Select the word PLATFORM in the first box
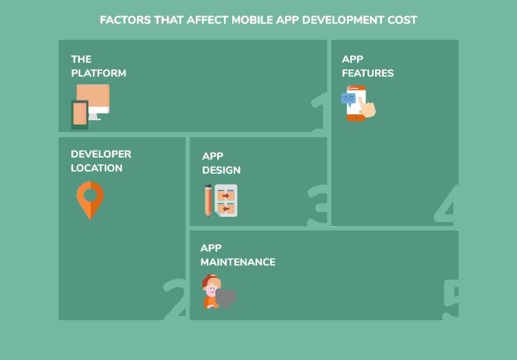[98, 73]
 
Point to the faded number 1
[319, 112]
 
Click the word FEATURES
[368, 73]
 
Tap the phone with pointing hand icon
[358, 103]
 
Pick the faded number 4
[446, 204]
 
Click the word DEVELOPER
[101, 154]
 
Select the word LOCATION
[96, 168]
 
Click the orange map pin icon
[90, 200]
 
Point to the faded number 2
[174, 299]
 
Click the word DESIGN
[221, 170]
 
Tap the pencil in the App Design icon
[208, 200]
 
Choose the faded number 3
[317, 205]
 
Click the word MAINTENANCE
[238, 262]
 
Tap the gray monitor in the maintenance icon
[226, 298]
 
